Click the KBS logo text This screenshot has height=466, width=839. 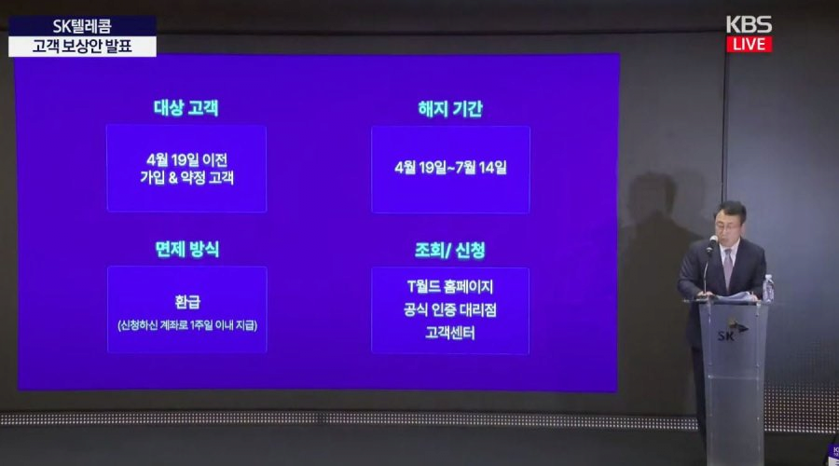pos(749,24)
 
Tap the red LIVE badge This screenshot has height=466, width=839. pos(750,44)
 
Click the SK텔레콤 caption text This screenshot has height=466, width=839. pos(82,26)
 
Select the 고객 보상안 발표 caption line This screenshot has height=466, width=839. pos(82,46)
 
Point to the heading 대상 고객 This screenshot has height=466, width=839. pos(186,107)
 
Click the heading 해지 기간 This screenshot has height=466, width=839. pos(450,109)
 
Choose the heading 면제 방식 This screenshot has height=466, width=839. pos(186,249)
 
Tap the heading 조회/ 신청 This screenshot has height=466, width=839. pos(450,250)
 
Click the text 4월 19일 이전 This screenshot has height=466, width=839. pos(186,159)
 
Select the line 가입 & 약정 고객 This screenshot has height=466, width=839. pos(186,177)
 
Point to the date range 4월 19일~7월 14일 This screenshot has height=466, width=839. pos(450,168)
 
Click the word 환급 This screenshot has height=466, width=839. pos(187,302)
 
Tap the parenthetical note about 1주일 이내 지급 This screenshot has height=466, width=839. pos(187,324)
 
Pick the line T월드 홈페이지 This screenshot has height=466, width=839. pos(450,287)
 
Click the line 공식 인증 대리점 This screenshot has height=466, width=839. pos(450,309)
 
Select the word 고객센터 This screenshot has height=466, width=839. pos(450,333)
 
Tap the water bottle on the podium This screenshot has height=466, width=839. pos(768,288)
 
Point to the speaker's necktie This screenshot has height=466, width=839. pos(728,267)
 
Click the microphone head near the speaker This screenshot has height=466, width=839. pos(713,241)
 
